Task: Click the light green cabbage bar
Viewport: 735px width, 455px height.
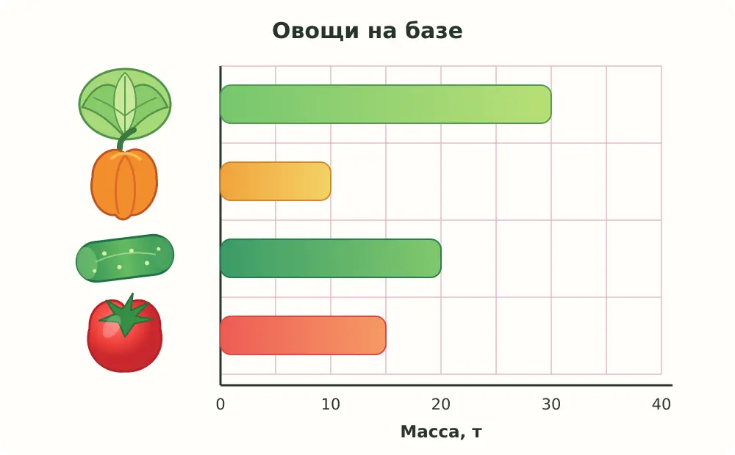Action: point(385,104)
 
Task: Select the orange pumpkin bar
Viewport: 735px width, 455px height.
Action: point(275,181)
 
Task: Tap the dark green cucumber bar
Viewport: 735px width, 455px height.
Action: point(331,258)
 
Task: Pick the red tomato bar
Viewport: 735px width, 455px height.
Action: point(303,335)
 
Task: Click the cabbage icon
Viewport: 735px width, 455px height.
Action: point(125,104)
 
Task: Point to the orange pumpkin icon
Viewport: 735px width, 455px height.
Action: point(124,183)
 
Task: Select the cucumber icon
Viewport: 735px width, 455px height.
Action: point(125,258)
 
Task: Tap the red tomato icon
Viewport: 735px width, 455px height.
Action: point(125,333)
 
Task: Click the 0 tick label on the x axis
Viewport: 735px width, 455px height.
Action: point(220,404)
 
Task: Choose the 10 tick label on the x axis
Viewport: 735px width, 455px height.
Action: point(331,404)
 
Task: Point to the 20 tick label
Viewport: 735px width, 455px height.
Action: point(440,404)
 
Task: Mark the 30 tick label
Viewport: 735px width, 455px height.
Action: point(551,404)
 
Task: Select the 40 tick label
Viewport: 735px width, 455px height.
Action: point(661,404)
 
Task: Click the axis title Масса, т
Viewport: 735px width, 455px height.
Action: point(441,432)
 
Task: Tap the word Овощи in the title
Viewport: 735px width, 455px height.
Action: point(315,32)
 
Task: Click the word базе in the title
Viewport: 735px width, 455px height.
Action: point(434,31)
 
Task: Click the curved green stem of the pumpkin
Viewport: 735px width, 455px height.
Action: point(126,139)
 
